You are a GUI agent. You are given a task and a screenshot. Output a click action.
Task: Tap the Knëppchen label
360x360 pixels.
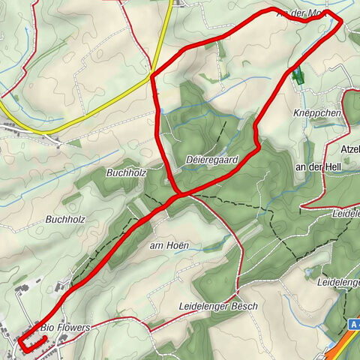click(317, 112)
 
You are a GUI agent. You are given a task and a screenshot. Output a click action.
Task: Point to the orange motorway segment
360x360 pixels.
click(343, 346)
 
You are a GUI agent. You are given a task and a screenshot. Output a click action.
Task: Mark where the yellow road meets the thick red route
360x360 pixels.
click(153, 73)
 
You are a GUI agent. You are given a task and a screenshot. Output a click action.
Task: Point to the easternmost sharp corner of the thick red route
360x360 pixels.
click(341, 22)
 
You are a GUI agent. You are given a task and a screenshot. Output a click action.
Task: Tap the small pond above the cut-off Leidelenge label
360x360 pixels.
click(308, 271)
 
